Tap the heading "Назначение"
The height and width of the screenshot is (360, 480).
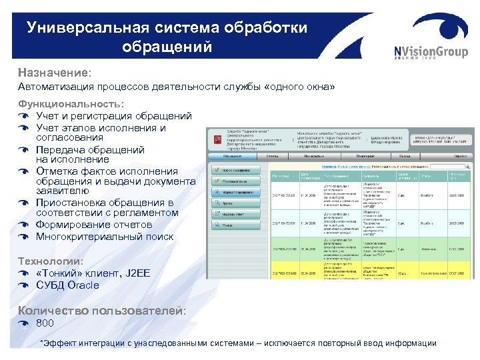point(53,71)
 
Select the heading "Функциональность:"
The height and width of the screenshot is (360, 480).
point(71,104)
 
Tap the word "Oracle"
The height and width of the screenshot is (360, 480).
point(83,285)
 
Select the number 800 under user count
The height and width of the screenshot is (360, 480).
point(45,323)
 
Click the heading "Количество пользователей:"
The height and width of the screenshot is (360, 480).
point(102,310)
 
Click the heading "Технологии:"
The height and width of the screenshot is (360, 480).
point(51,261)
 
